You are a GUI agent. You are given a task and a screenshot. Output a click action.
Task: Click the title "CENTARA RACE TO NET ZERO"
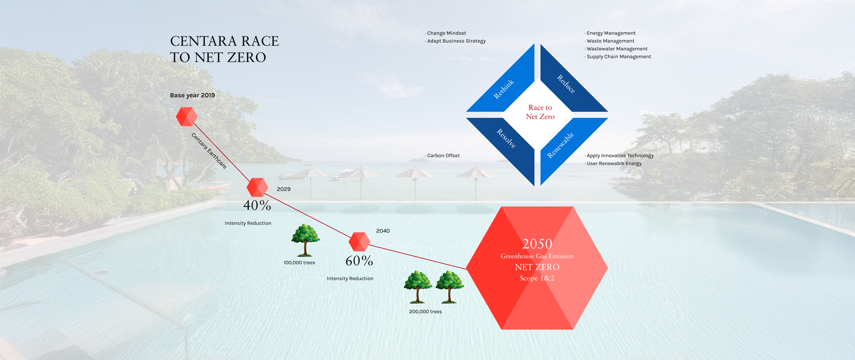pos(224,49)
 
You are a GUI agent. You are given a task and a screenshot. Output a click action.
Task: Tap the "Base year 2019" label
pos(192,95)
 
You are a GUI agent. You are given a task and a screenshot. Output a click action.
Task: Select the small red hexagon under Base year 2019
pos(187,117)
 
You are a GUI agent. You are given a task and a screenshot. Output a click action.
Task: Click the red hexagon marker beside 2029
pos(257,187)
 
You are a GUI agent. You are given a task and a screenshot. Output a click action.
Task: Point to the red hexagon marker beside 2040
pos(359,242)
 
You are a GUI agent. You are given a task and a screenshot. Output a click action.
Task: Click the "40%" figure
pos(257,206)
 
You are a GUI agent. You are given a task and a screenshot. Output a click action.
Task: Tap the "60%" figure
pos(359,261)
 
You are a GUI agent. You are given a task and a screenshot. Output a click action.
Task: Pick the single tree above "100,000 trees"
pos(305,240)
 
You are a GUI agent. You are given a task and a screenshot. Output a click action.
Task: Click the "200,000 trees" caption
pos(425,311)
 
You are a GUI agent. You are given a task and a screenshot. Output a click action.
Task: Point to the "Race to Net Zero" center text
pos(540,112)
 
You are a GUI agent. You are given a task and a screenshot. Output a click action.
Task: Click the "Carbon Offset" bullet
pos(443,156)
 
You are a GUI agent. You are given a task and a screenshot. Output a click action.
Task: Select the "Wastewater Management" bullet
pos(616,49)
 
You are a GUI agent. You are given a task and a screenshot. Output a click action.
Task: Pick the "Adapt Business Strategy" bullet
pos(455,41)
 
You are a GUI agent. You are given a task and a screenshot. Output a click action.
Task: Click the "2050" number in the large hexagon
pos(537,244)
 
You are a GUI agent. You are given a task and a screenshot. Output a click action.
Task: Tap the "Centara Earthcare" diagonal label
pos(209,151)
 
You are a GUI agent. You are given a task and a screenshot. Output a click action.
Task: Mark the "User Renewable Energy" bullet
pos(613,163)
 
